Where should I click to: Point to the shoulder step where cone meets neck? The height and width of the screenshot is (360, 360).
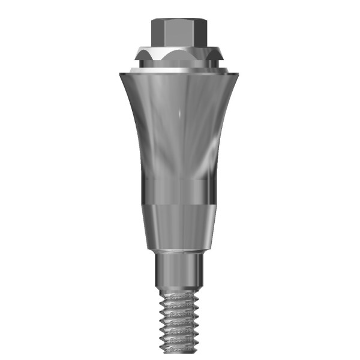click(x=180, y=252)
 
